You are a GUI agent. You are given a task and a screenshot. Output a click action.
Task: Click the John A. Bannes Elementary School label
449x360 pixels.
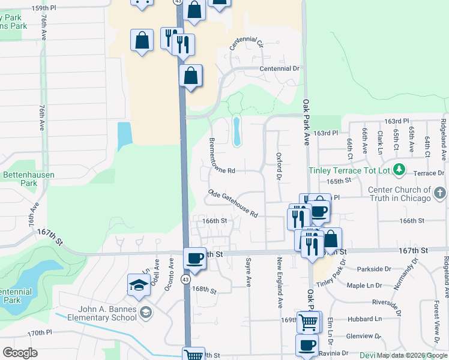tap(107, 314)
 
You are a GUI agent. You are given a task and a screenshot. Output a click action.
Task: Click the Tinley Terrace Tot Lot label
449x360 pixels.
tap(349, 170)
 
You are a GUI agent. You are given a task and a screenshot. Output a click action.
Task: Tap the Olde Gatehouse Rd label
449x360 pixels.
tap(233, 203)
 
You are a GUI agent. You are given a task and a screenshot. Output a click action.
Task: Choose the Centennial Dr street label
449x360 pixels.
tap(279, 69)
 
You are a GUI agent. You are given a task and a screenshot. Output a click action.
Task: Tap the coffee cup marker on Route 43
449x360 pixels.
tap(194, 258)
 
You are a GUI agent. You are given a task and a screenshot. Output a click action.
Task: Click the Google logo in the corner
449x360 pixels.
tap(20, 352)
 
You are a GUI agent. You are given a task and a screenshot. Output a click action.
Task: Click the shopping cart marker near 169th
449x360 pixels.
tap(309, 322)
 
